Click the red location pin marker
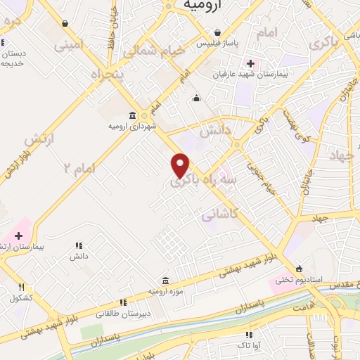(x=181, y=165)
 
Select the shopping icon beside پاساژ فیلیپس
(x=219, y=32)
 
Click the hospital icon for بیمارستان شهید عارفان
(x=250, y=63)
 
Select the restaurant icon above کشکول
(x=21, y=287)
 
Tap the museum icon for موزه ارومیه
(x=165, y=281)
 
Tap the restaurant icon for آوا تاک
(x=248, y=335)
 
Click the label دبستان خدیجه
(x=14, y=58)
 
